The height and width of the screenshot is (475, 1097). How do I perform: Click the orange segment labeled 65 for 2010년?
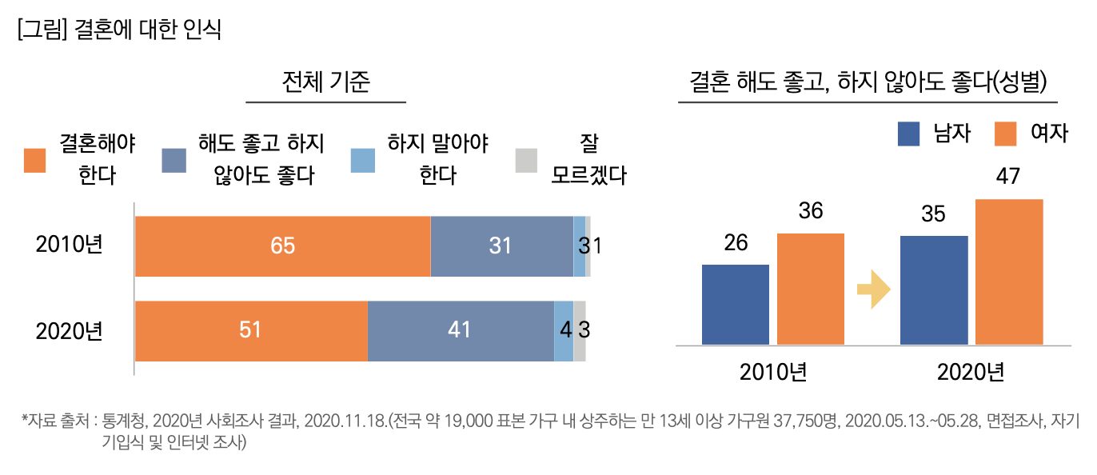click(x=282, y=246)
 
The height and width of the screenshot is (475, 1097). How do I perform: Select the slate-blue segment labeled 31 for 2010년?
click(x=501, y=246)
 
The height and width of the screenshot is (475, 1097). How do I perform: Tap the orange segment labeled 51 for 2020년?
click(x=251, y=331)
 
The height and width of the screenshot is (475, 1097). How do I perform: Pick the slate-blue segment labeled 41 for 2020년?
click(x=461, y=331)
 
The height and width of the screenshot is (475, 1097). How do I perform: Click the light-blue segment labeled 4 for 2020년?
click(x=564, y=331)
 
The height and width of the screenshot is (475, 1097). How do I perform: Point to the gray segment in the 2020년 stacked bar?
click(x=580, y=331)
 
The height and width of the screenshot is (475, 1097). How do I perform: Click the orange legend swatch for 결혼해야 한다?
click(x=34, y=161)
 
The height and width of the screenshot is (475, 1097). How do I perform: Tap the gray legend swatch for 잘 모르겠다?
click(x=525, y=161)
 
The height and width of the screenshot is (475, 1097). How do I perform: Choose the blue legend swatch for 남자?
click(x=908, y=134)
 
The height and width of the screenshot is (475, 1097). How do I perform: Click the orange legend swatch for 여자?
click(x=1005, y=134)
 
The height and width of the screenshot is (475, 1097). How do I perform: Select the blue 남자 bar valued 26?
click(x=735, y=305)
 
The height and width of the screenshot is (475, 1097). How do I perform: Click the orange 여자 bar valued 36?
click(x=810, y=289)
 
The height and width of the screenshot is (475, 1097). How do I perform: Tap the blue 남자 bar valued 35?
click(x=933, y=290)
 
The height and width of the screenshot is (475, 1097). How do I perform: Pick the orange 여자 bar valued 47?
click(x=1009, y=272)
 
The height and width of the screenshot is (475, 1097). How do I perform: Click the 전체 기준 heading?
click(x=326, y=82)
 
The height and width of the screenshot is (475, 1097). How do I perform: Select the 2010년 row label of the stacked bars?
click(x=70, y=245)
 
